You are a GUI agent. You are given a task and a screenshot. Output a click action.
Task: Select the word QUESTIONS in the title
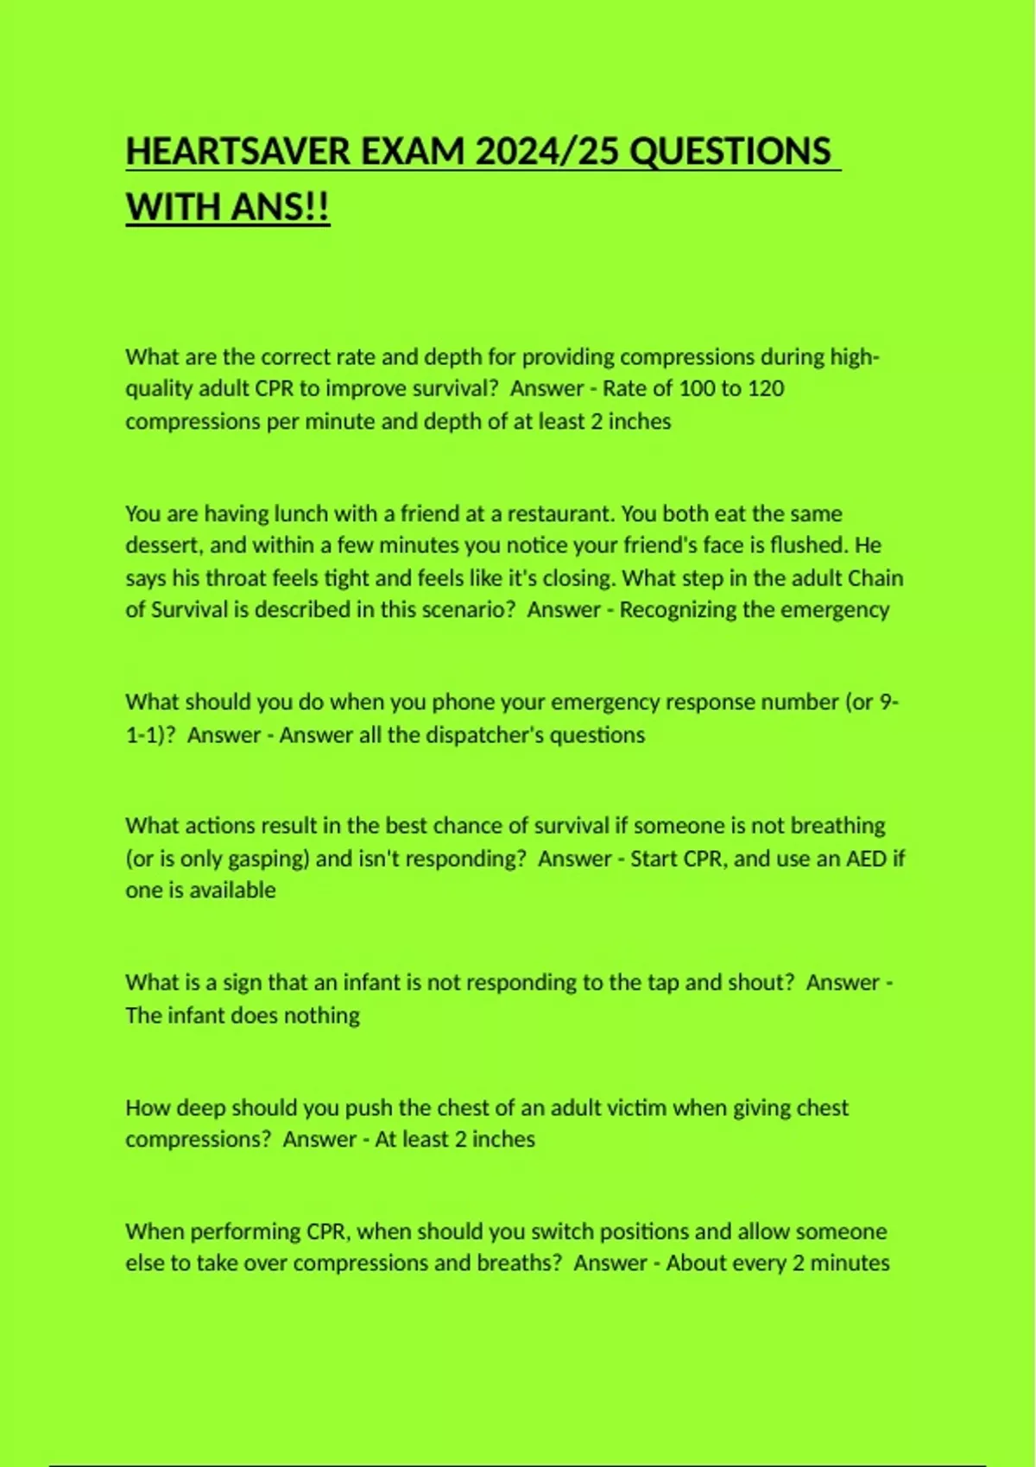click(x=730, y=152)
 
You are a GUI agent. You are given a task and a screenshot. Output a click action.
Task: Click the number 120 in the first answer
click(x=765, y=388)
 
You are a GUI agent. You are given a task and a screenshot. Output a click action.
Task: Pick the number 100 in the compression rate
click(x=697, y=388)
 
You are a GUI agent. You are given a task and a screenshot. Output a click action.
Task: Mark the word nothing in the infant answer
click(x=321, y=1015)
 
